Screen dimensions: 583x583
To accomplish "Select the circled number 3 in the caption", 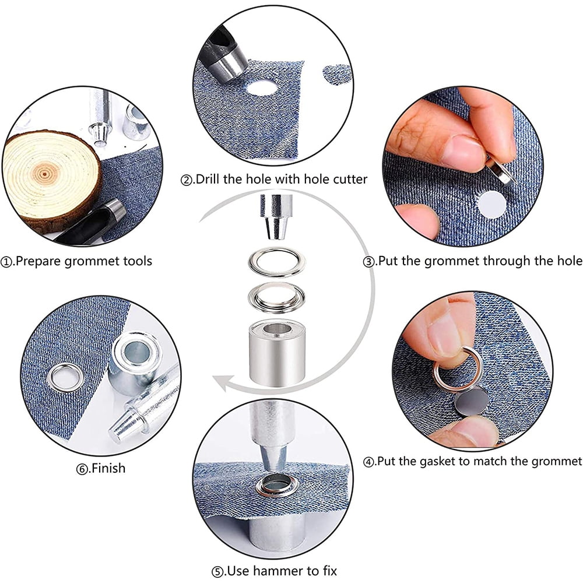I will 370,262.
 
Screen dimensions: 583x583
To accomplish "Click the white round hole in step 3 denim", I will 491,205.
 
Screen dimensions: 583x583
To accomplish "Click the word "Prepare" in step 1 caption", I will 38,262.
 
